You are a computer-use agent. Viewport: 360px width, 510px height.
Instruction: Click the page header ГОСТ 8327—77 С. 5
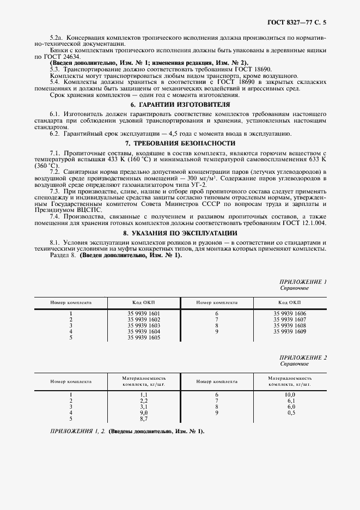tap(300, 23)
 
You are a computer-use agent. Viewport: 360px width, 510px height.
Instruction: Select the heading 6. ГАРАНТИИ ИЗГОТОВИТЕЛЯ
tap(180, 104)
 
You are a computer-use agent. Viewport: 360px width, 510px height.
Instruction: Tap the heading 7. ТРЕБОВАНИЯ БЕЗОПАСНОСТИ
tap(180, 143)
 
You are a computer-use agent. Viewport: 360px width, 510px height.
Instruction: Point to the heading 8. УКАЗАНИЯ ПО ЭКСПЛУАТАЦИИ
tap(180, 233)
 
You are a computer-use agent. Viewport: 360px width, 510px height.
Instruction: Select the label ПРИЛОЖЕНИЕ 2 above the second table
tap(302, 357)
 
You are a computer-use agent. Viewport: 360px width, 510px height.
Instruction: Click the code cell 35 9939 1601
tap(144, 314)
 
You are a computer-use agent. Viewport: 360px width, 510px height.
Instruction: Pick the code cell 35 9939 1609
tap(289, 331)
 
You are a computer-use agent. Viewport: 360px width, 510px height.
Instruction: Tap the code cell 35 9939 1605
tap(144, 338)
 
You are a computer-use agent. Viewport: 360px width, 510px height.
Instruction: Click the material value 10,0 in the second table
tap(289, 394)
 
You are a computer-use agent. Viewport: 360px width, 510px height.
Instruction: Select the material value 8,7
tap(144, 418)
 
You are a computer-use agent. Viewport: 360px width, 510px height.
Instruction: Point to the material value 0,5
tap(290, 412)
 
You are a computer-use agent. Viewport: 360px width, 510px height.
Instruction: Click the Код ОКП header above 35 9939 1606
tap(289, 301)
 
